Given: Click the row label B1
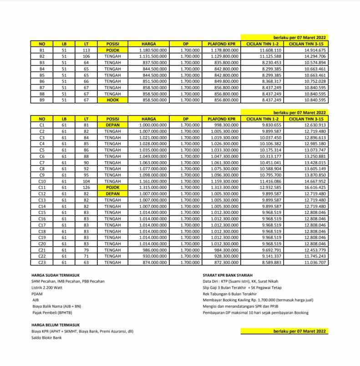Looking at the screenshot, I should pos(42,50).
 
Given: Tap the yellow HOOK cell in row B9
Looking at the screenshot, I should pos(112,100).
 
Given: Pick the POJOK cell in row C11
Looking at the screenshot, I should pos(112,187).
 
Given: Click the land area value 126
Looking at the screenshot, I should pos(86,187).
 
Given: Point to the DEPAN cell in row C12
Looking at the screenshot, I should pos(112,193).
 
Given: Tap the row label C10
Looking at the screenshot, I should pos(42,181).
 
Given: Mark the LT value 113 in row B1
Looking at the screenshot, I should pos(86,50).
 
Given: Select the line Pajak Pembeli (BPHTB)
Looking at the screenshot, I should pos(52,313).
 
